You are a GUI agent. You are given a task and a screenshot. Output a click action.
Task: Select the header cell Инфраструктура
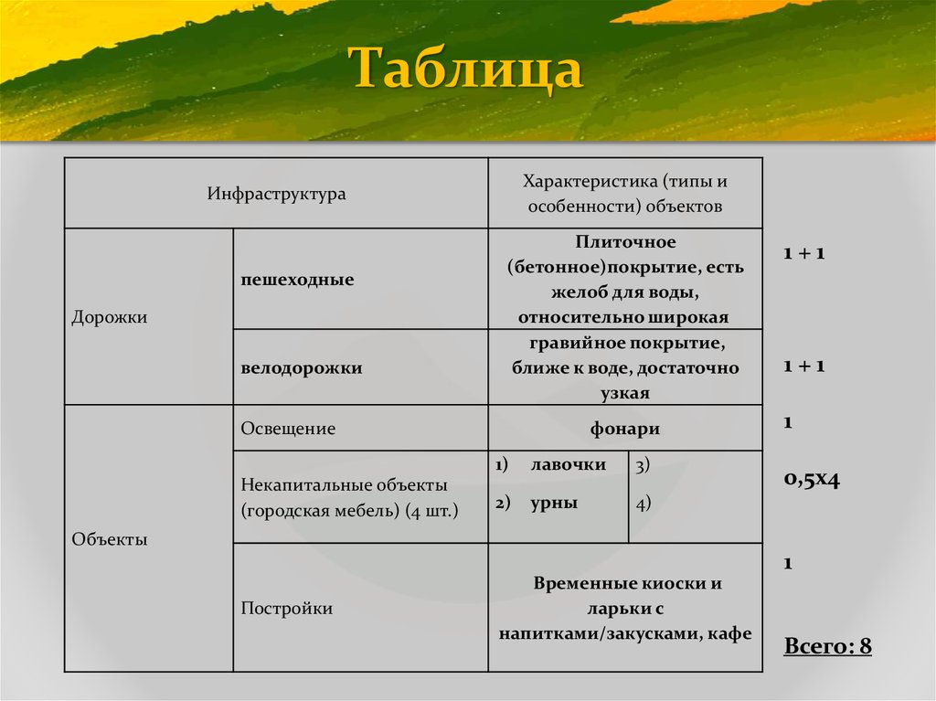point(276,194)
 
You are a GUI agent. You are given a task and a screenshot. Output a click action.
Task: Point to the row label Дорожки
point(109,317)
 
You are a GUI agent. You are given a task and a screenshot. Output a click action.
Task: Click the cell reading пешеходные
point(297,280)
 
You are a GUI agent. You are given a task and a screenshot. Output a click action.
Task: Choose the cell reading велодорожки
point(302,368)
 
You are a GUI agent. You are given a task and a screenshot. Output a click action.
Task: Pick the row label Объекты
point(109,539)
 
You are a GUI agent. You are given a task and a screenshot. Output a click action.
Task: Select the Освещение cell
point(288,429)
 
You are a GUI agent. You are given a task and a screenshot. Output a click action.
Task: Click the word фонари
point(624,429)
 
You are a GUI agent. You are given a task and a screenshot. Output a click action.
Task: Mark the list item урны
point(553,503)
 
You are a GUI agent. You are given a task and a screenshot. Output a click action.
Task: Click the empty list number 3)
point(643,465)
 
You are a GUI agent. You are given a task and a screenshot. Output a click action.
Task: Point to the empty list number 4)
point(643,503)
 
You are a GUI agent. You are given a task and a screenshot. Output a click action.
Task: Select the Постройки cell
point(286,608)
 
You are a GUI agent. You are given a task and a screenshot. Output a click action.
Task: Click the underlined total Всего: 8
point(827,647)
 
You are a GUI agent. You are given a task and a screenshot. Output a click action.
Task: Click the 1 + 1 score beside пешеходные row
point(803,253)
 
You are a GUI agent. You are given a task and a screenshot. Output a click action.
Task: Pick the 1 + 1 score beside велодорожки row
point(803,366)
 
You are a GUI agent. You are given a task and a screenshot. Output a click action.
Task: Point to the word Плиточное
point(625,242)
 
